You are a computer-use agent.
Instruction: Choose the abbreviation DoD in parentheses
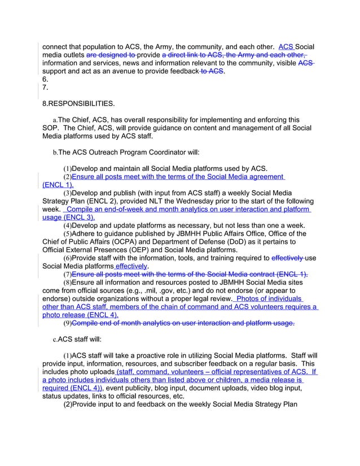pos(275,243)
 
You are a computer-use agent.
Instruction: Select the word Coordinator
pos(169,152)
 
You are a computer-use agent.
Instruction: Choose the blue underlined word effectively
pos(132,266)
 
